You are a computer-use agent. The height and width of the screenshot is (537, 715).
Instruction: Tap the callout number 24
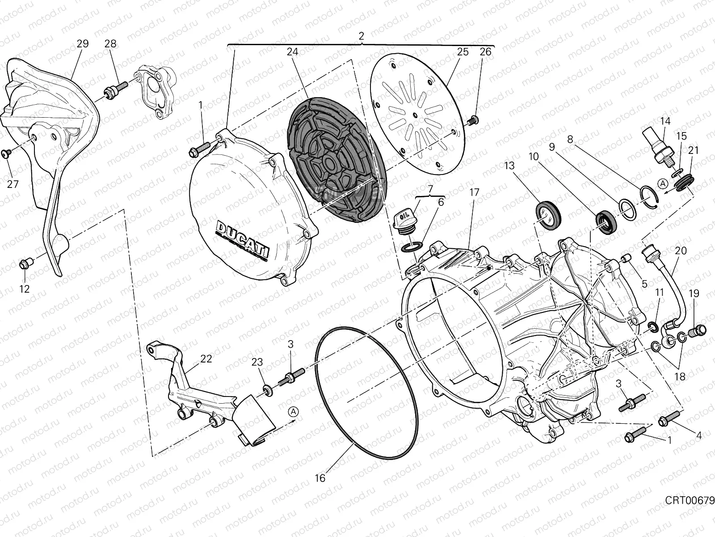(x=292, y=51)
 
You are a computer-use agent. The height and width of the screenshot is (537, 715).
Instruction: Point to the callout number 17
(x=474, y=192)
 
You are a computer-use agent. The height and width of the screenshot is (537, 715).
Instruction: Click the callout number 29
(x=83, y=43)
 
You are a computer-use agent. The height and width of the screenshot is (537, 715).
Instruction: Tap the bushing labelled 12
(x=25, y=264)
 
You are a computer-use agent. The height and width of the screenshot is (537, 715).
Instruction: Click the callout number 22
(x=206, y=359)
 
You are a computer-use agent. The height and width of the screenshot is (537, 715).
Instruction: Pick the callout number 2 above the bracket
(x=362, y=36)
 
